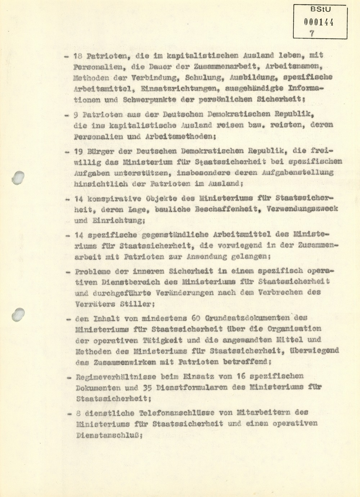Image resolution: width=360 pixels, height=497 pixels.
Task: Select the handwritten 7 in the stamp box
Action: (x=312, y=33)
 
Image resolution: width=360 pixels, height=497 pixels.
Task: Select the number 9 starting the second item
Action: (x=76, y=114)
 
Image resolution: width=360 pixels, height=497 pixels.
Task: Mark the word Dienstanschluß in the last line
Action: (x=108, y=435)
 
